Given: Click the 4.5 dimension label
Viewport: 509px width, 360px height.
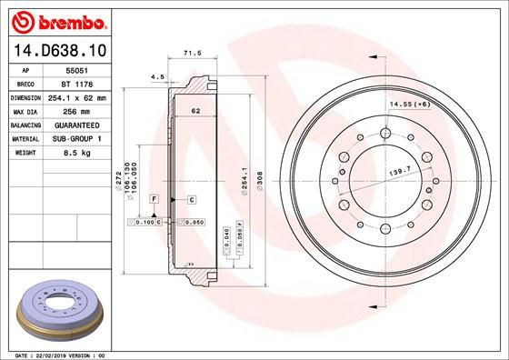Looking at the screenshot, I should [156, 77].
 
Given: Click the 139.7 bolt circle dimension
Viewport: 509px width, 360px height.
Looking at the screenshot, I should [400, 170].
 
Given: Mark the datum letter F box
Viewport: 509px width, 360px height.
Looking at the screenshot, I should [155, 198].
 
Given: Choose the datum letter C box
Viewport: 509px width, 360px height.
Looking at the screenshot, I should [193, 198].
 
